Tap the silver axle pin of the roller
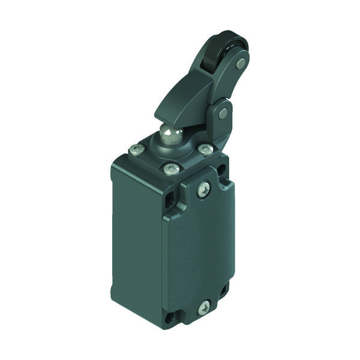[241, 62]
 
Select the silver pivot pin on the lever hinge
[223, 113]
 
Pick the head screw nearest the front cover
[172, 169]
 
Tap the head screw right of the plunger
[205, 148]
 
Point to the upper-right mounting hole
[223, 174]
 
